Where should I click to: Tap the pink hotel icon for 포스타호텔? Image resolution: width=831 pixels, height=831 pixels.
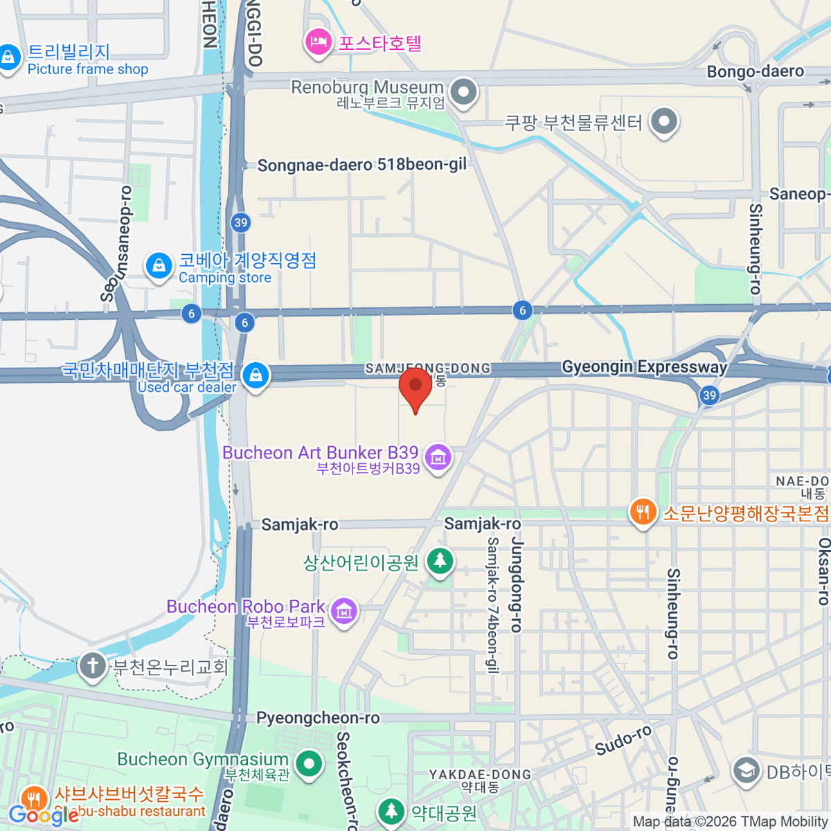pyautogui.click(x=318, y=42)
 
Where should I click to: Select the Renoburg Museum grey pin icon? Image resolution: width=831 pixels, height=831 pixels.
pyautogui.click(x=463, y=91)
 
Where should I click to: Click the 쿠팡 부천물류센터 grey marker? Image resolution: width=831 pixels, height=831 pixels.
pyautogui.click(x=664, y=121)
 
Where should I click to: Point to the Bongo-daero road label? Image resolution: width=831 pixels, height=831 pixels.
pyautogui.click(x=755, y=71)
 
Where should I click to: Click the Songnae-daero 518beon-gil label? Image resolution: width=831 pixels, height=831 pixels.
pyautogui.click(x=361, y=165)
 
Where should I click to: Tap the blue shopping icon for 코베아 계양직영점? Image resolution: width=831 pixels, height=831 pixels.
pyautogui.click(x=159, y=265)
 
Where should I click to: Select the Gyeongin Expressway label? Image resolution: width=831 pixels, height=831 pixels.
pyautogui.click(x=644, y=366)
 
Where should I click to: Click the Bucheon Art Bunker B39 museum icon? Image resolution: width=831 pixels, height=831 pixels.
pyautogui.click(x=438, y=457)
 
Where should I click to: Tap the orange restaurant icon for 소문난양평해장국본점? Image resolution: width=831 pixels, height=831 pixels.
pyautogui.click(x=643, y=512)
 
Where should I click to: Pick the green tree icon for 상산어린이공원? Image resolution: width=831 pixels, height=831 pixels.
pyautogui.click(x=440, y=560)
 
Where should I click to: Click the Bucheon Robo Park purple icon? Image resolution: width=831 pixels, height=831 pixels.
pyautogui.click(x=344, y=611)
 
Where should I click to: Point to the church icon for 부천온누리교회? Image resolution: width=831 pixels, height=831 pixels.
pyautogui.click(x=92, y=665)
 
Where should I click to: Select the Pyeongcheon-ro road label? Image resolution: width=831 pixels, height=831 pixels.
pyautogui.click(x=318, y=718)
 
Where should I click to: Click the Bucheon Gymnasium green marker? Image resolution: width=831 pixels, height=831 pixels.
pyautogui.click(x=309, y=765)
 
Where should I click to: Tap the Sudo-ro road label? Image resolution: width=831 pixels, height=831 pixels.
pyautogui.click(x=623, y=740)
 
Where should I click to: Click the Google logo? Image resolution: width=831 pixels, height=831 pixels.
pyautogui.click(x=43, y=815)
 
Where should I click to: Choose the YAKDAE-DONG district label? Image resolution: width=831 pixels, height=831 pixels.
pyautogui.click(x=480, y=774)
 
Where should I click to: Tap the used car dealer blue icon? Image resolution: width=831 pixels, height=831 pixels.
pyautogui.click(x=256, y=376)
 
